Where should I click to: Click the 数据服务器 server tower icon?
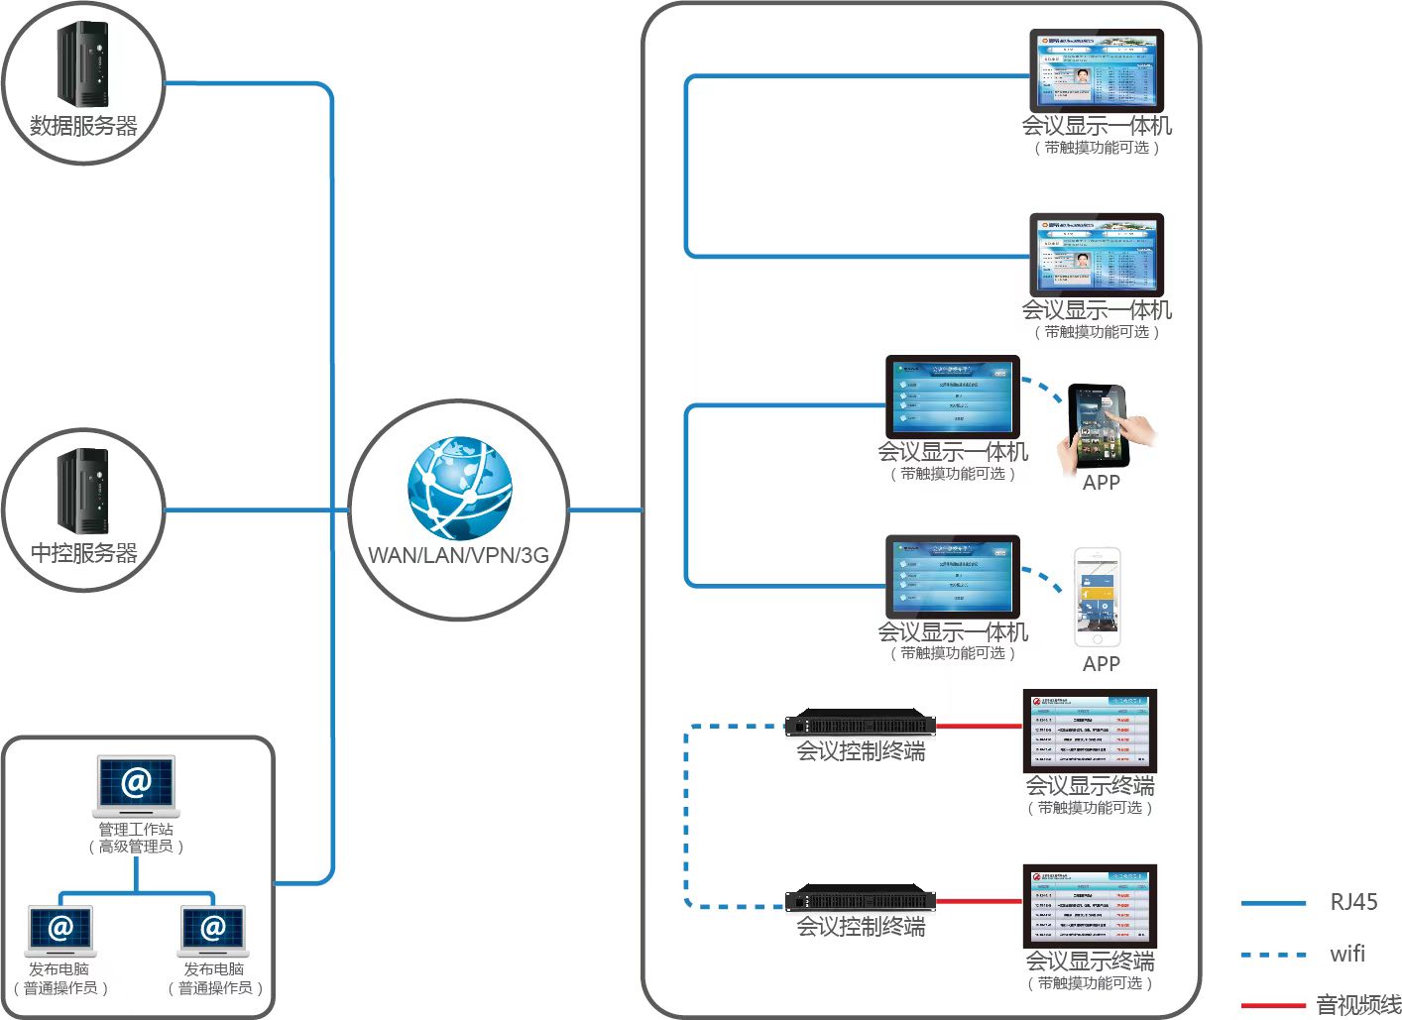(82, 63)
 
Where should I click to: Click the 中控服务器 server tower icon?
(82, 491)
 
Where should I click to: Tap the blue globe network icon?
(460, 489)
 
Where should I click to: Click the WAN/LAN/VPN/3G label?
(458, 555)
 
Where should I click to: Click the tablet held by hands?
(1099, 425)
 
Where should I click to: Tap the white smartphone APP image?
(1098, 597)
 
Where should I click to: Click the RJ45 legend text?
(1353, 902)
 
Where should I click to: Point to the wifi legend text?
(1347, 954)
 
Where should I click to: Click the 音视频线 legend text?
(1358, 1005)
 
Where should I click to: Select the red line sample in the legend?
(1273, 1005)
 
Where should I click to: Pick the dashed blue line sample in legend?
(1273, 955)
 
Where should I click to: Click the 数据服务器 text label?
(83, 126)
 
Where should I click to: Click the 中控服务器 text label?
(83, 553)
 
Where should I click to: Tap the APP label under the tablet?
(1101, 483)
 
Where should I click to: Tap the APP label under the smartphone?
(1101, 664)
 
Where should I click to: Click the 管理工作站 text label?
(136, 829)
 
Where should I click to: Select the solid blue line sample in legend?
(1273, 903)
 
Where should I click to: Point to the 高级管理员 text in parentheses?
(136, 847)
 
